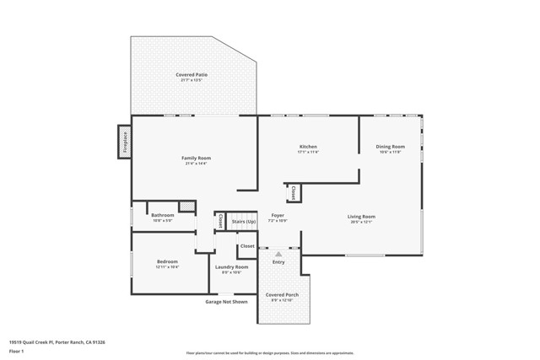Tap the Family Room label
pos(196,158)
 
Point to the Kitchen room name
pos(307,147)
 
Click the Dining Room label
pos(390,147)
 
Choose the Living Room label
pos(361,217)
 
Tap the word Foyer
pos(278,215)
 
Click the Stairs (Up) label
pos(244,222)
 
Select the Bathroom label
pos(163,215)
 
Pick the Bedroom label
pos(167,261)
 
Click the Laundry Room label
pos(231,266)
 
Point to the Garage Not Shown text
pos(227,301)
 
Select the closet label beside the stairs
pos(221,221)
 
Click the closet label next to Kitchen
pos(294,192)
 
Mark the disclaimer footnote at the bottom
pos(270,352)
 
